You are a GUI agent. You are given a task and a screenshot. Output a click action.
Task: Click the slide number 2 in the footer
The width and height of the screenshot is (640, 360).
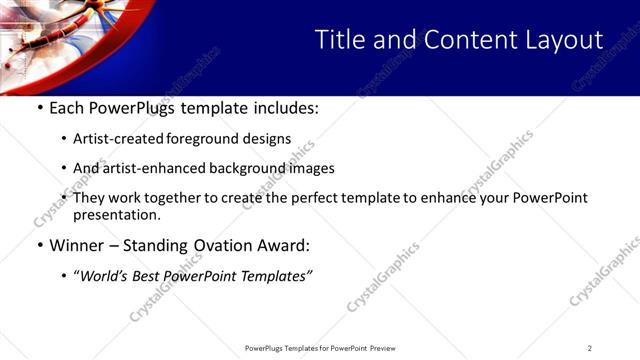(x=590, y=348)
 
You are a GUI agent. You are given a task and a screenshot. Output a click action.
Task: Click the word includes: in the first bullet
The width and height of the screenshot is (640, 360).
(x=282, y=108)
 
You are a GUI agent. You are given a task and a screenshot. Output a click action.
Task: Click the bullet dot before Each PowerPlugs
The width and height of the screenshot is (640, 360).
(x=39, y=108)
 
